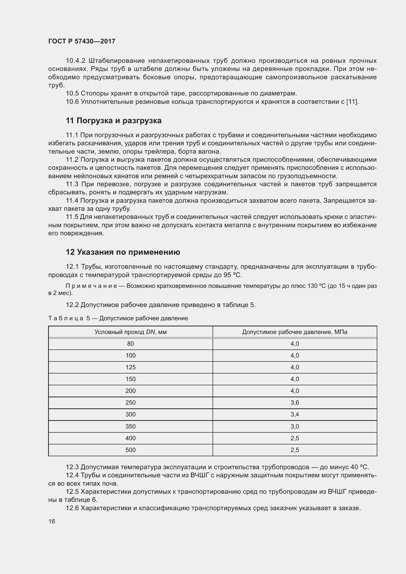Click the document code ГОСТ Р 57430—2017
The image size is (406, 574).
82,41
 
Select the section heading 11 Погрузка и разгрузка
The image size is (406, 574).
113,121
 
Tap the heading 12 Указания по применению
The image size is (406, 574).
123,252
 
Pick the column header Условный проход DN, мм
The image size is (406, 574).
130,332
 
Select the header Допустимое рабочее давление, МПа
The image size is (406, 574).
295,332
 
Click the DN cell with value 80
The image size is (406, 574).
130,344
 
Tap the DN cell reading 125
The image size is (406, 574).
130,367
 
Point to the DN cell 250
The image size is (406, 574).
130,402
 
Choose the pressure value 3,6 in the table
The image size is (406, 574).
295,402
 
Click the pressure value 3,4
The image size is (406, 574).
295,414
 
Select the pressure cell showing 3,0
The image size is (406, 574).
295,426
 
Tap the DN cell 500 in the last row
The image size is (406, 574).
130,450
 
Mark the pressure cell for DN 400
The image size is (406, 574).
295,438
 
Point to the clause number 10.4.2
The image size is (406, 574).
76,61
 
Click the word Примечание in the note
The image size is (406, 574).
91,286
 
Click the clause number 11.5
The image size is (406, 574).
72,217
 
